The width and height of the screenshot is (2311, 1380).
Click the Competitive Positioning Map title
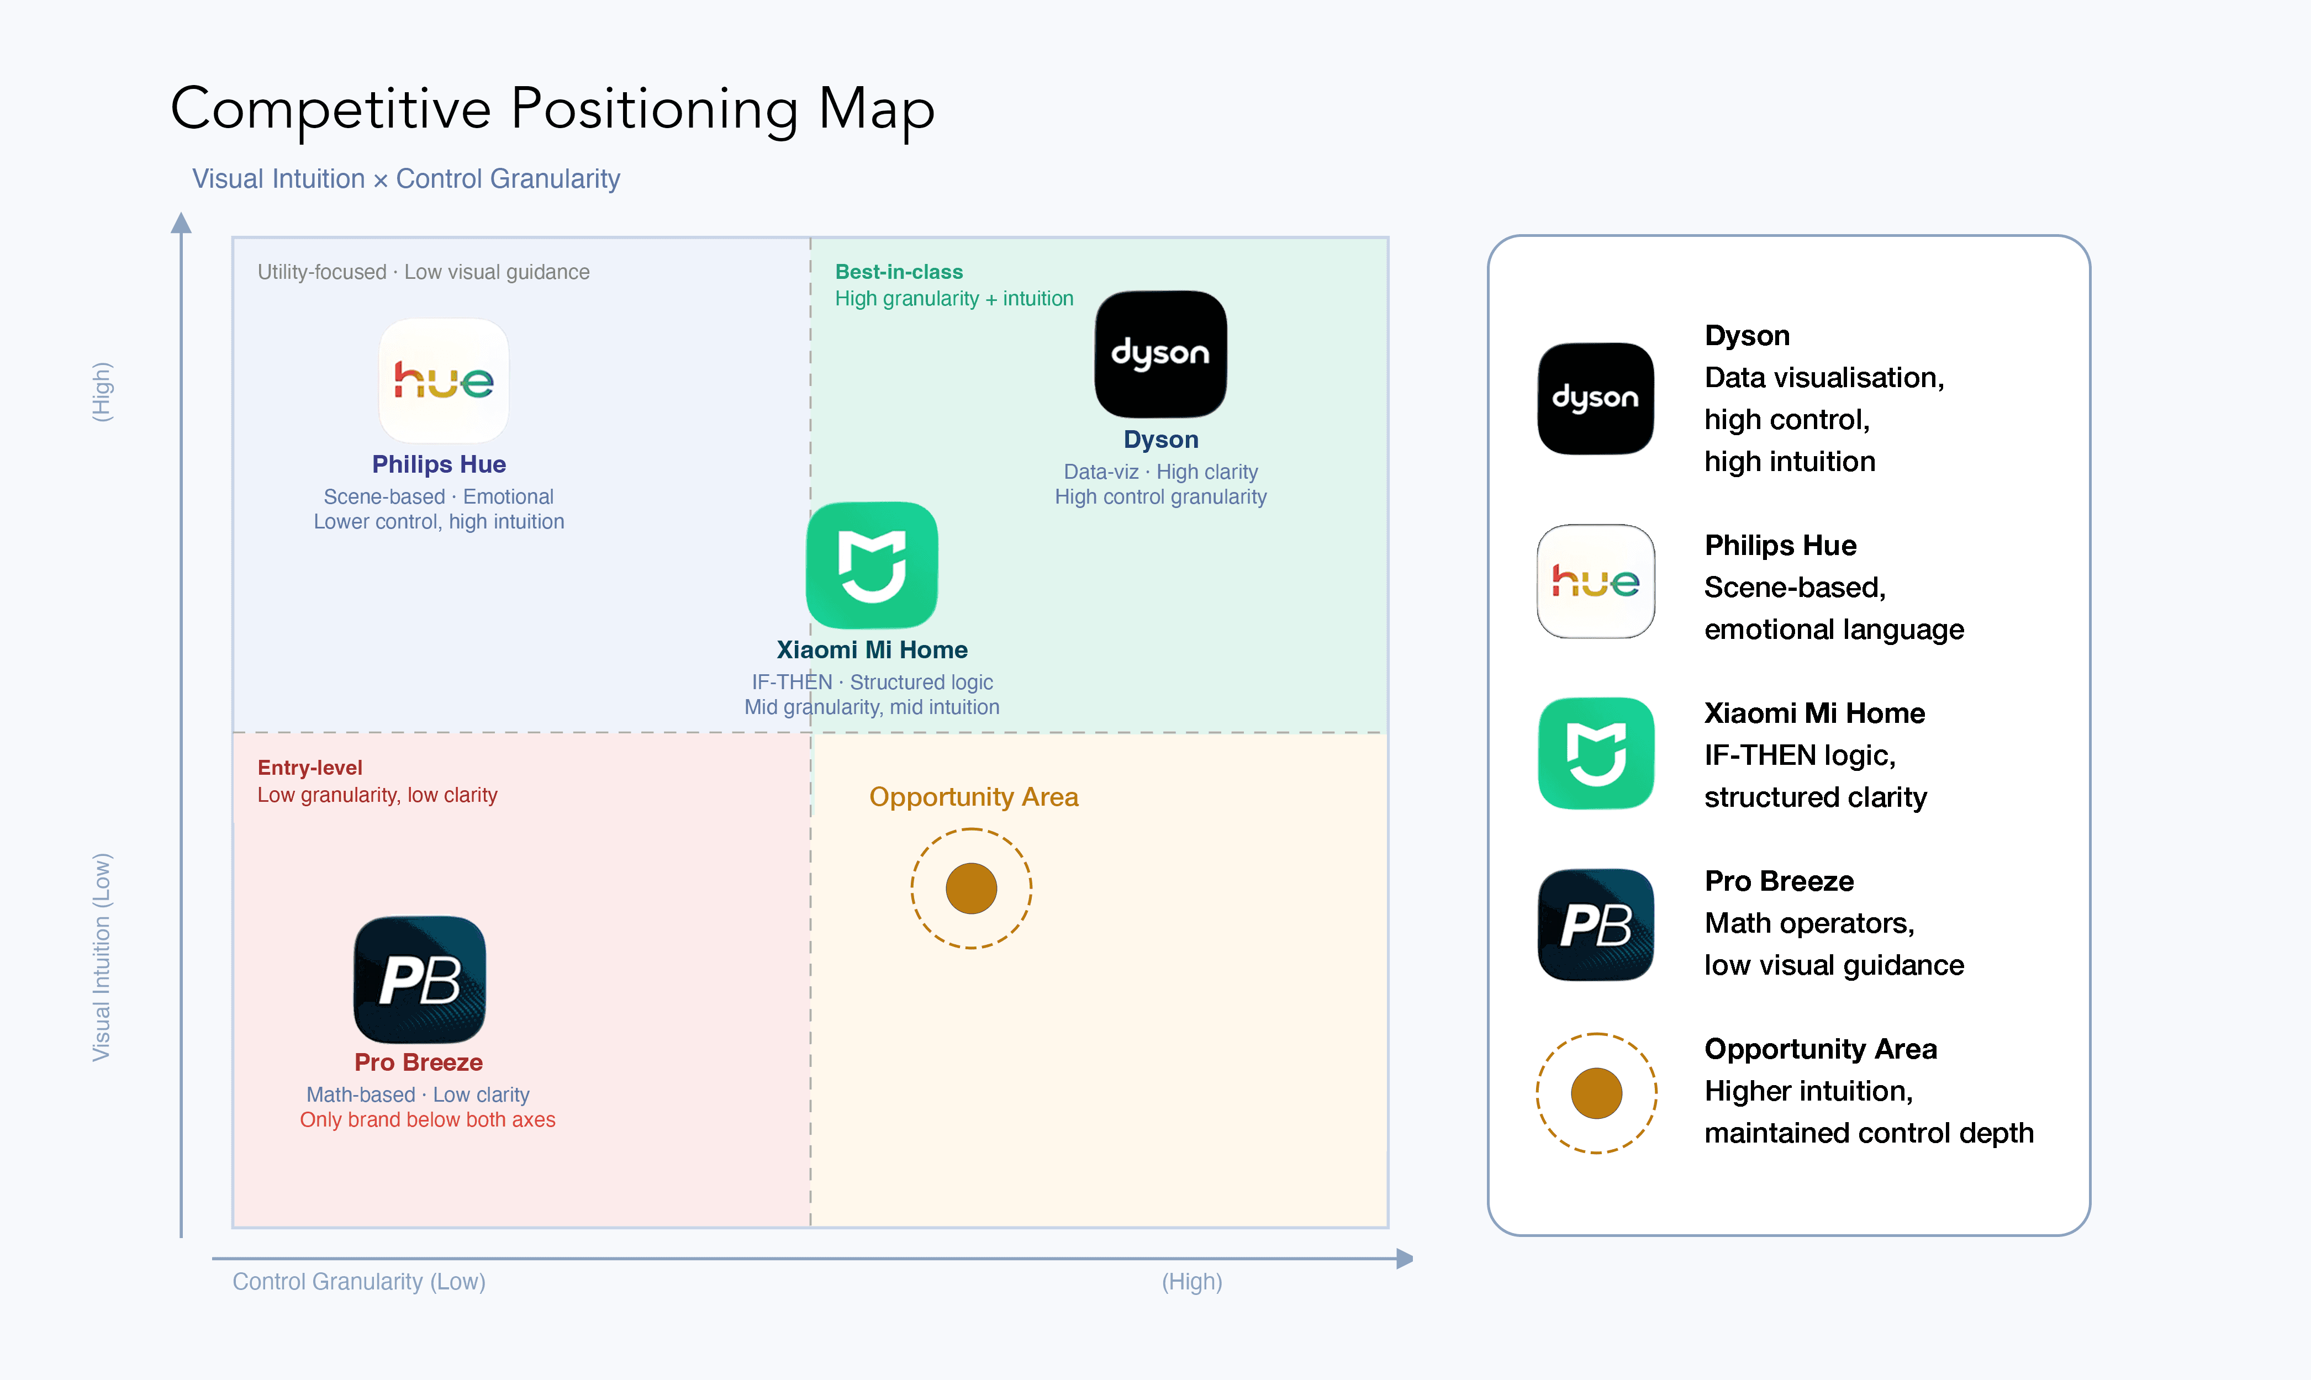552,110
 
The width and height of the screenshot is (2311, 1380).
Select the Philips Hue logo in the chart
444,381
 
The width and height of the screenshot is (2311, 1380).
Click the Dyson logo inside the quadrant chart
1160,355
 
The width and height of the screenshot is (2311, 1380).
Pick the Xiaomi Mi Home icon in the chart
872,565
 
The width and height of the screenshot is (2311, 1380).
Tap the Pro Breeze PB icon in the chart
419,980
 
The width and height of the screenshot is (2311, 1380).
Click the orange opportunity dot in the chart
971,888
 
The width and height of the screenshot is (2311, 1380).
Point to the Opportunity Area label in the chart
974,797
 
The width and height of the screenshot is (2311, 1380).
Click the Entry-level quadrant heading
310,767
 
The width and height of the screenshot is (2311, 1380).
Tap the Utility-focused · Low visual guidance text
423,272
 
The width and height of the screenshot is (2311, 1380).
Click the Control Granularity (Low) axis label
359,1281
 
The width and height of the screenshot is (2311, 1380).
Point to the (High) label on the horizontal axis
1191,1281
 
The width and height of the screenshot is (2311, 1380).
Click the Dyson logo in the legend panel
1596,398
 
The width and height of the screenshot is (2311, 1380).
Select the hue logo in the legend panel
1596,581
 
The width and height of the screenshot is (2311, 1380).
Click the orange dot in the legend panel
1596,1093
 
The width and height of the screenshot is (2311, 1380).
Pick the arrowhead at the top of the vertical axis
181,223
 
